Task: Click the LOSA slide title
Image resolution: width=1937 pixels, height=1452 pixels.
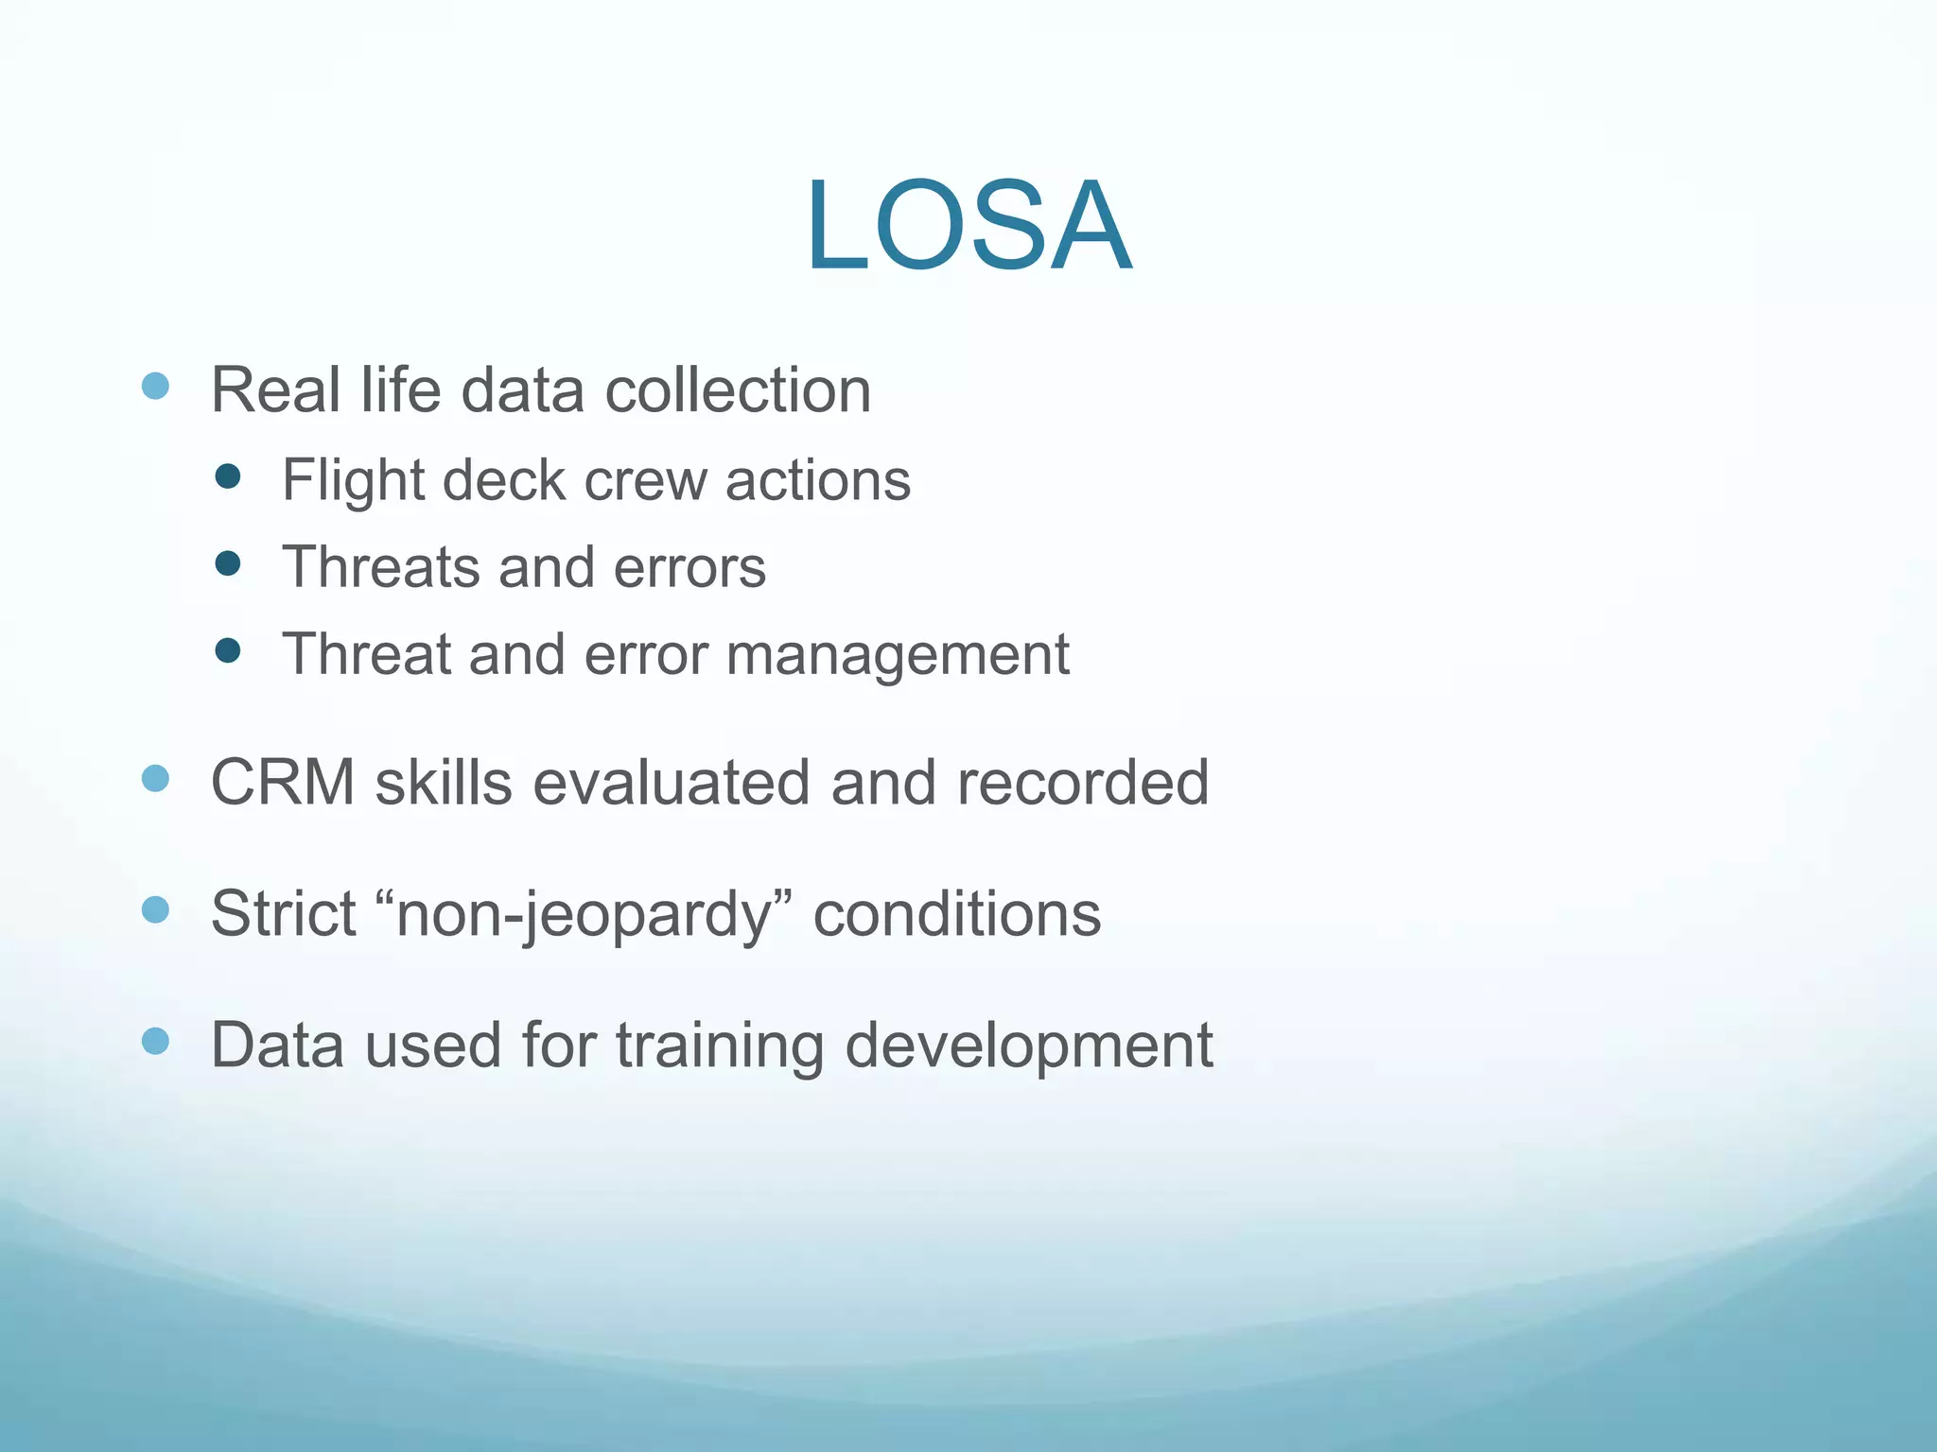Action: [x=968, y=227]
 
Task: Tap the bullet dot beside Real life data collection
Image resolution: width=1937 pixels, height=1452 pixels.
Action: [x=155, y=386]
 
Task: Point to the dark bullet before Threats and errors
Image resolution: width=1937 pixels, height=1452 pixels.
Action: [x=228, y=564]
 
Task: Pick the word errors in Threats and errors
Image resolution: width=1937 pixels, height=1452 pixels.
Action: [x=689, y=567]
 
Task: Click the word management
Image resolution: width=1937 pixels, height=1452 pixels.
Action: [x=898, y=655]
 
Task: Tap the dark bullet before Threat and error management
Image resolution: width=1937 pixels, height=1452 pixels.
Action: [x=228, y=650]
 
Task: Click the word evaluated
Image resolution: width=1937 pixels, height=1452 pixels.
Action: [x=671, y=783]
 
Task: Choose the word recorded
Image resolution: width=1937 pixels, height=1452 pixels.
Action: [x=1082, y=783]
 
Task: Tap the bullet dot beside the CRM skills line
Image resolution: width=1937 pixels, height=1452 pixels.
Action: [x=155, y=779]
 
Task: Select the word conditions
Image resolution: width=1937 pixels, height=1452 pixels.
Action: [x=956, y=914]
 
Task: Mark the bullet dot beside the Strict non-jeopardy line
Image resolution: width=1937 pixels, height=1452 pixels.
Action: [x=155, y=909]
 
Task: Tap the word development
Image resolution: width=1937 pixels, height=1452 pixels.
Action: [x=1028, y=1046]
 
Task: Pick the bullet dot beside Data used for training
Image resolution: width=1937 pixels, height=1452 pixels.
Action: [x=155, y=1042]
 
